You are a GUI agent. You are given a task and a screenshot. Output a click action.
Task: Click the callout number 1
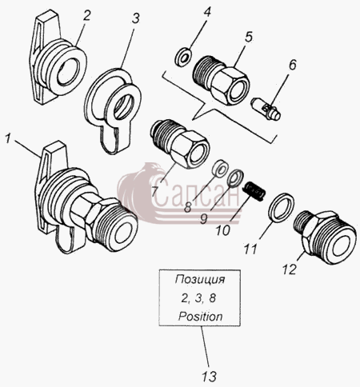tap(8, 139)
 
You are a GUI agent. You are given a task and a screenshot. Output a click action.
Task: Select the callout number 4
tap(207, 12)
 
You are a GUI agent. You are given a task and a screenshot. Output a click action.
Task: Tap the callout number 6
tap(292, 65)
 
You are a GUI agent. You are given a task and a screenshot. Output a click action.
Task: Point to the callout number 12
tap(290, 269)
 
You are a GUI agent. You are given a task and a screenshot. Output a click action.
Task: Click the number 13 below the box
tap(209, 377)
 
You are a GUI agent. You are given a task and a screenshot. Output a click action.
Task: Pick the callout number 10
tap(223, 230)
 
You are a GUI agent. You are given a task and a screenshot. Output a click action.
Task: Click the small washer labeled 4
tap(183, 57)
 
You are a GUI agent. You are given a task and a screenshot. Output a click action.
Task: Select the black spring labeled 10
tap(254, 191)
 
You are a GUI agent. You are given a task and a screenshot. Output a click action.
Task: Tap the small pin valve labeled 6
tap(266, 110)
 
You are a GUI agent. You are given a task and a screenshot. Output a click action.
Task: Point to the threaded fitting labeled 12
tap(325, 237)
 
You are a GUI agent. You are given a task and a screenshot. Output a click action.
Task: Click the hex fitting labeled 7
tap(180, 144)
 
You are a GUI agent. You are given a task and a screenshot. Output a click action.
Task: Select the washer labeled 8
tap(220, 170)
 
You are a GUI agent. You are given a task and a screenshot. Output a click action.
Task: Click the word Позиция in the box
tap(200, 280)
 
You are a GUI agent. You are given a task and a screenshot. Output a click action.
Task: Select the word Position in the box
tap(200, 317)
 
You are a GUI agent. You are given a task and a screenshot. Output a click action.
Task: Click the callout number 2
tap(86, 16)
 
